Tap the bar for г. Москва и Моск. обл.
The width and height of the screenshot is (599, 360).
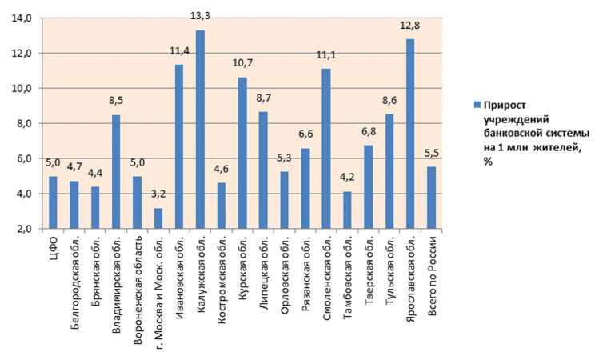158,218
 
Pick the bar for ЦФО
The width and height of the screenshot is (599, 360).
53,202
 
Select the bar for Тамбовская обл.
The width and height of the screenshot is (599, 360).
347,210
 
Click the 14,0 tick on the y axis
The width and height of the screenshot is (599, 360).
22,18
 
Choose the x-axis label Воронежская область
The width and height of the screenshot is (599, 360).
138,276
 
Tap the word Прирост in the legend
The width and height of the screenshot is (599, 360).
505,106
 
